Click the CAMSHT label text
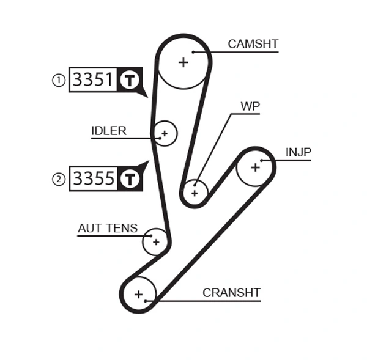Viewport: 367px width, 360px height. pos(253,44)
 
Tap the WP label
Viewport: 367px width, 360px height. pos(250,106)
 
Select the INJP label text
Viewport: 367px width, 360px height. pos(298,152)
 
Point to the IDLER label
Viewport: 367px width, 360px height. pos(108,131)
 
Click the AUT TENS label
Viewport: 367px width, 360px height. pos(108,228)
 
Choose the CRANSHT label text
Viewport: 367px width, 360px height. pos(231,293)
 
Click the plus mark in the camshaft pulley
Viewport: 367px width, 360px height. pos(183,62)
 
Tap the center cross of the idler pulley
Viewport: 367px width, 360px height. pos(164,133)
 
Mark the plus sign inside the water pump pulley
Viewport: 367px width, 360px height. pos(195,193)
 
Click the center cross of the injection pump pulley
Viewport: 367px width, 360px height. pos(255,167)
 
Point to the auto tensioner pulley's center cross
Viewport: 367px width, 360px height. pos(156,242)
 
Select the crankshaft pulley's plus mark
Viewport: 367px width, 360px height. pos(139,295)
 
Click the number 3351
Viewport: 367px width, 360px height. pos(93,80)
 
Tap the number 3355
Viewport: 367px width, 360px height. pos(93,178)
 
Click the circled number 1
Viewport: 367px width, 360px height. pos(59,80)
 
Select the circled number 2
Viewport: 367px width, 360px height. pos(59,179)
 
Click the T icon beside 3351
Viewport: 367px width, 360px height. pos(129,80)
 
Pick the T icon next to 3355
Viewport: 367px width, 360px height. pos(129,178)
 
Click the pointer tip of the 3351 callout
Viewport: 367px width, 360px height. pos(147,96)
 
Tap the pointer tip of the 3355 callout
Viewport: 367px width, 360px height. pos(148,162)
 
